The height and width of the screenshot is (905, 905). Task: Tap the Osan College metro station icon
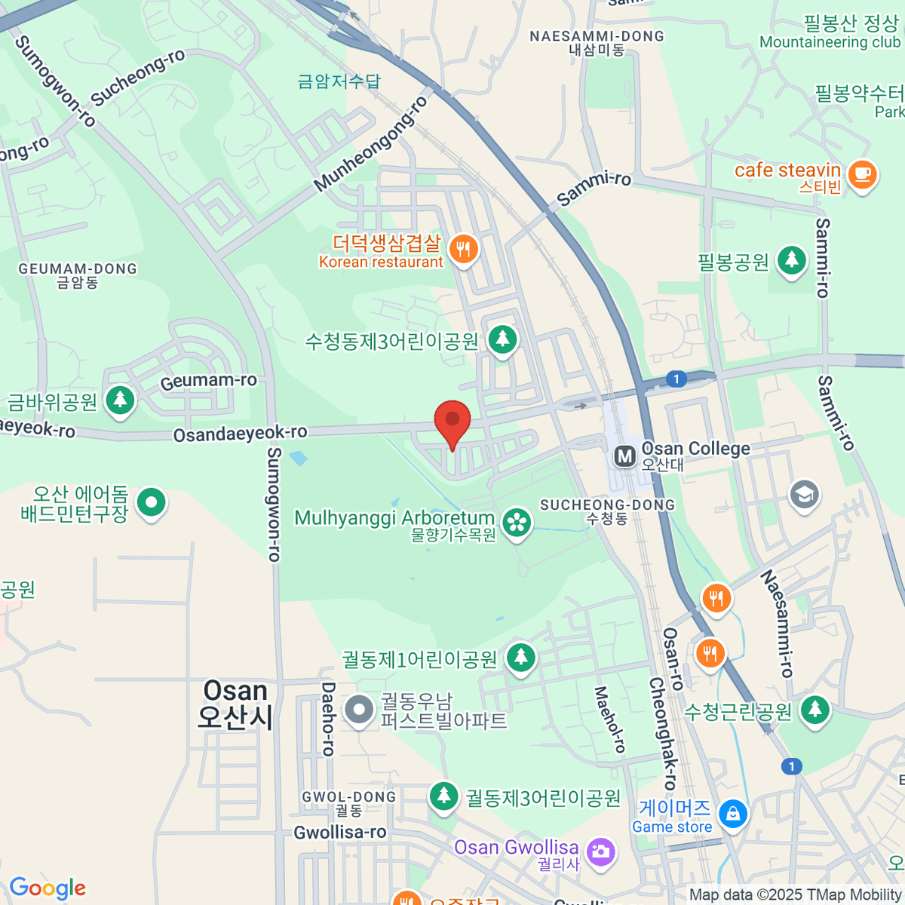click(x=624, y=456)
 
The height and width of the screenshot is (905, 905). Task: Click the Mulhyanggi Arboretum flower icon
click(x=517, y=523)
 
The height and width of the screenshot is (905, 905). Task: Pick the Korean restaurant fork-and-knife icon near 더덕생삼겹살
click(x=463, y=249)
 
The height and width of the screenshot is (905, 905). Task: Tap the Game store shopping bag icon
click(x=732, y=814)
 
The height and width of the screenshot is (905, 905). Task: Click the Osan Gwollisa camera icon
click(x=600, y=852)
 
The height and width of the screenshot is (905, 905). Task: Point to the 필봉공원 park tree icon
click(x=791, y=260)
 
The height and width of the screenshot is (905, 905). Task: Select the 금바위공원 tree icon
click(x=120, y=400)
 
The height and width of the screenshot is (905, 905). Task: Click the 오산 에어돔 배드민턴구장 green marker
click(x=152, y=502)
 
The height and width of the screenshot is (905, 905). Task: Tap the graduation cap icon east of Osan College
click(x=804, y=495)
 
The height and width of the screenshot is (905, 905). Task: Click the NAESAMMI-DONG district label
click(x=597, y=36)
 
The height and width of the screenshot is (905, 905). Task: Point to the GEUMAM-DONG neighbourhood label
click(x=78, y=268)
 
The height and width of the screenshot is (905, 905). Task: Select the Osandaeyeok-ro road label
click(x=240, y=434)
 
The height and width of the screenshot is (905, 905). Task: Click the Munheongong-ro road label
click(x=370, y=144)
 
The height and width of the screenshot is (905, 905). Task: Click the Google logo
click(x=48, y=888)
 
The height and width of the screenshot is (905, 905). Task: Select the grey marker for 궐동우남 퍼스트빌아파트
click(x=358, y=710)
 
